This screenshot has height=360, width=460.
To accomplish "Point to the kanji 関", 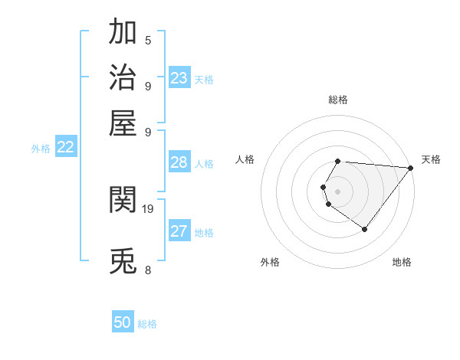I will pyautogui.click(x=123, y=200).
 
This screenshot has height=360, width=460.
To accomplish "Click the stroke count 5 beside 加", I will pyautogui.click(x=148, y=40).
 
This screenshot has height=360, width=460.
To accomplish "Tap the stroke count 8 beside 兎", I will pyautogui.click(x=148, y=270).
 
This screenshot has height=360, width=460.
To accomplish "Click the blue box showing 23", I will pyautogui.click(x=179, y=78).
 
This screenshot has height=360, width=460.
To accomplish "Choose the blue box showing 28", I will pyautogui.click(x=179, y=162).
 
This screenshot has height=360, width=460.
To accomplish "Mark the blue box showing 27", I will pyautogui.click(x=179, y=232).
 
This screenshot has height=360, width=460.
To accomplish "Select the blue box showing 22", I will pyautogui.click(x=65, y=149).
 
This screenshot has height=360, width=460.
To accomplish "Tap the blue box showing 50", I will pyautogui.click(x=123, y=323).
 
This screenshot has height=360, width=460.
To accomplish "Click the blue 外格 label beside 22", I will pyautogui.click(x=41, y=149).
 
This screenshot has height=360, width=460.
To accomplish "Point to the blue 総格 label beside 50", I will pyautogui.click(x=148, y=324).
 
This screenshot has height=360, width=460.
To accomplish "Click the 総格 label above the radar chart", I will pyautogui.click(x=338, y=100).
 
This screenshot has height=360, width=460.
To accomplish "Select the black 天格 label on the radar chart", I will pyautogui.click(x=432, y=159).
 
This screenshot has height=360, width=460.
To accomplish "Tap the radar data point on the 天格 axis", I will pyautogui.click(x=411, y=168).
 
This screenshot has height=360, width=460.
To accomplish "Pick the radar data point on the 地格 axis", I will pyautogui.click(x=365, y=229).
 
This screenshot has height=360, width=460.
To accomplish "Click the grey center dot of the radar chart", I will pyautogui.click(x=338, y=191).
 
